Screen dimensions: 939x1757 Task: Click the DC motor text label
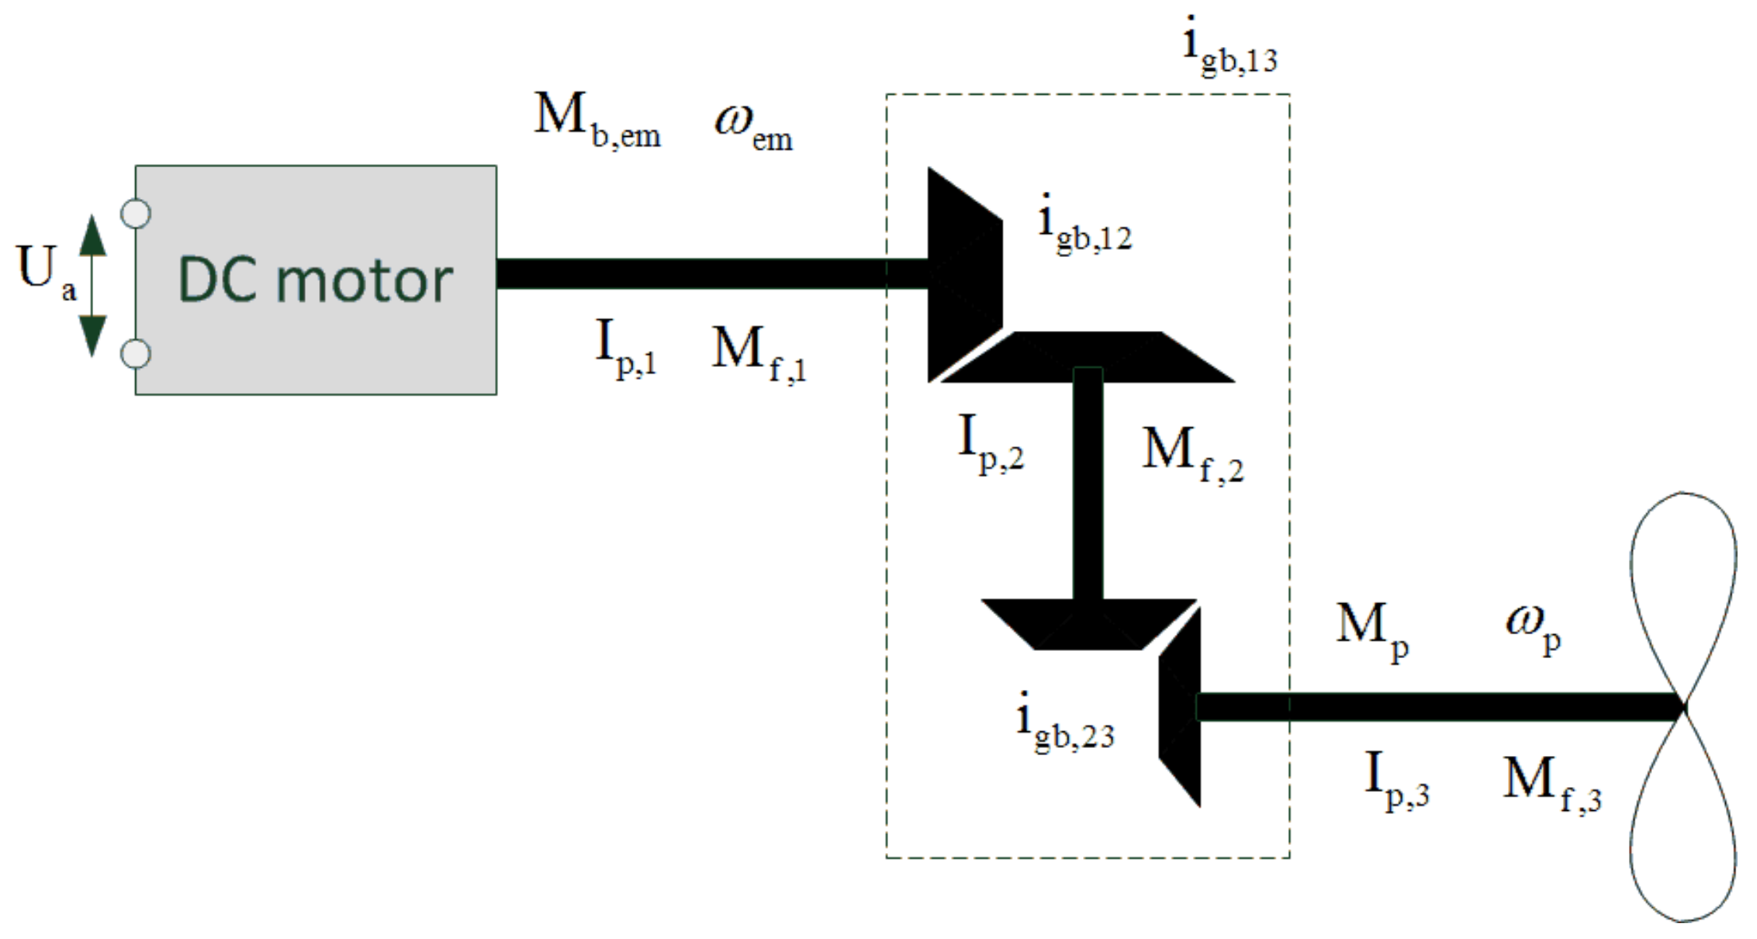(315, 280)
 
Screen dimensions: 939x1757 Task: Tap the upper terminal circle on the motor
(136, 213)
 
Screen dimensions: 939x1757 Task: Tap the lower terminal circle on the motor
(136, 353)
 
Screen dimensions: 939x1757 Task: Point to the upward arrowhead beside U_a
(92, 235)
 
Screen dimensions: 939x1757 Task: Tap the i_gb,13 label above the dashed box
(1230, 48)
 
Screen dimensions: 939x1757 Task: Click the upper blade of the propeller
(1684, 589)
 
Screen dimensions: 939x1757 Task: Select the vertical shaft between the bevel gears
(1088, 485)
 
